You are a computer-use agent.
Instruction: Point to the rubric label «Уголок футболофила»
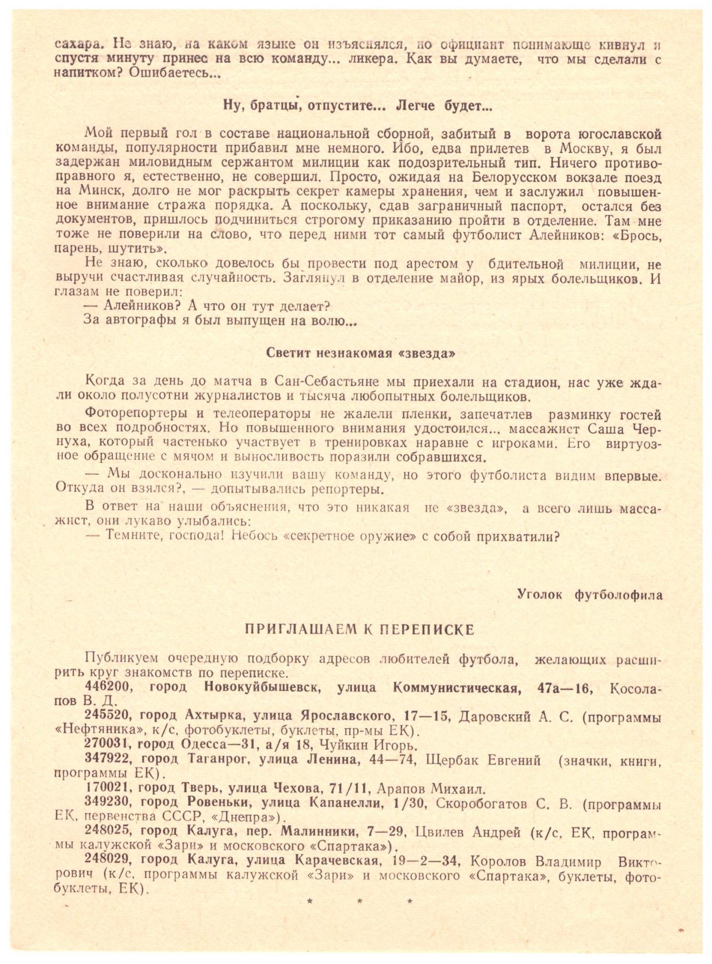click(x=590, y=594)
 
